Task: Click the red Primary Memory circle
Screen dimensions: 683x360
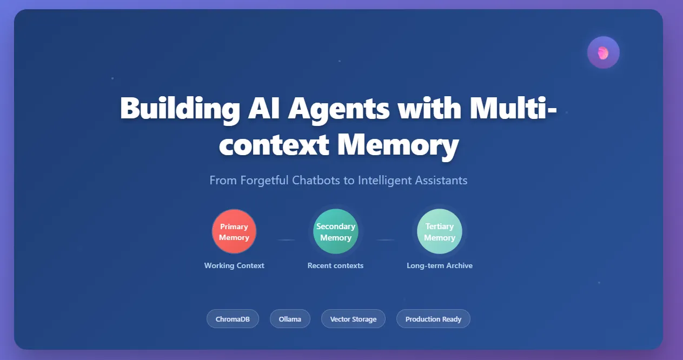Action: (234, 231)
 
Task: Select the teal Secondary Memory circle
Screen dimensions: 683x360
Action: (336, 231)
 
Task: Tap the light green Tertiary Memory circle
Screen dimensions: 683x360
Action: (440, 231)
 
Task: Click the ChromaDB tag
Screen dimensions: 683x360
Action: (233, 319)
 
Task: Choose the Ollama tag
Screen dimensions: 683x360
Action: (290, 319)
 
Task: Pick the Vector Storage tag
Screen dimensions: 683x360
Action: (353, 319)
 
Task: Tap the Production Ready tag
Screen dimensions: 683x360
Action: (433, 319)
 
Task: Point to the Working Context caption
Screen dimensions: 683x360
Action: (234, 265)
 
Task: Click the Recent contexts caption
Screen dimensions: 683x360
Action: (335, 265)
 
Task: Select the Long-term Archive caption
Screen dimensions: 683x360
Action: (440, 265)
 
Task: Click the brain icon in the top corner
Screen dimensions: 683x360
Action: (603, 52)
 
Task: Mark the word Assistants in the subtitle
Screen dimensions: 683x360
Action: (438, 180)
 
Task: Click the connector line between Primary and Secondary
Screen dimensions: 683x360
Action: (286, 239)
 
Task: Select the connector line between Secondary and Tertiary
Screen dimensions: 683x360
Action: (386, 239)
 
